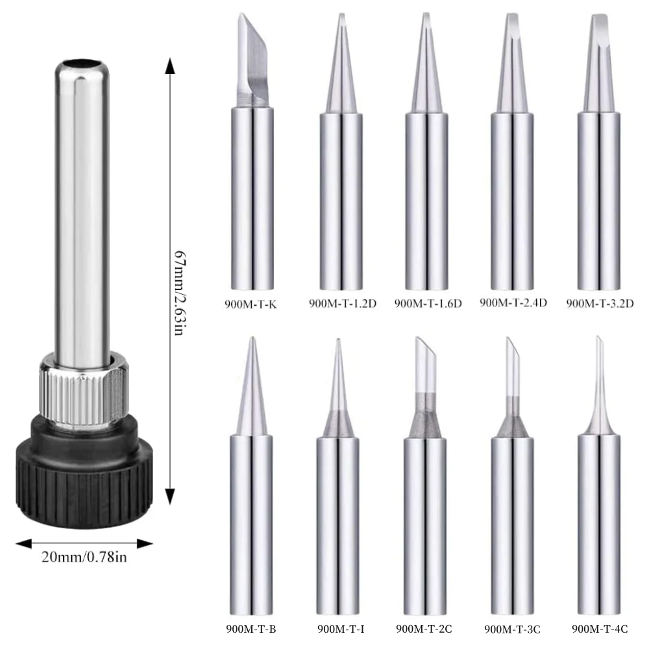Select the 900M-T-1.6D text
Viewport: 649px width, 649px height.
(x=428, y=303)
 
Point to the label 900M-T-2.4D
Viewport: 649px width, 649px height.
(x=513, y=302)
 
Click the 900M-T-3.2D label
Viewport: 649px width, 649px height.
(x=599, y=303)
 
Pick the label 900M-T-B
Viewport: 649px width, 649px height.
(x=251, y=628)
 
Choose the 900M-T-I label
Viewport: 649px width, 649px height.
(x=338, y=628)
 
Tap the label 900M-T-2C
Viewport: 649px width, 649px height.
(x=424, y=628)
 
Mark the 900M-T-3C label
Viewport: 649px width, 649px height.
(x=513, y=628)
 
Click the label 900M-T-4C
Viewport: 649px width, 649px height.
(x=600, y=628)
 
